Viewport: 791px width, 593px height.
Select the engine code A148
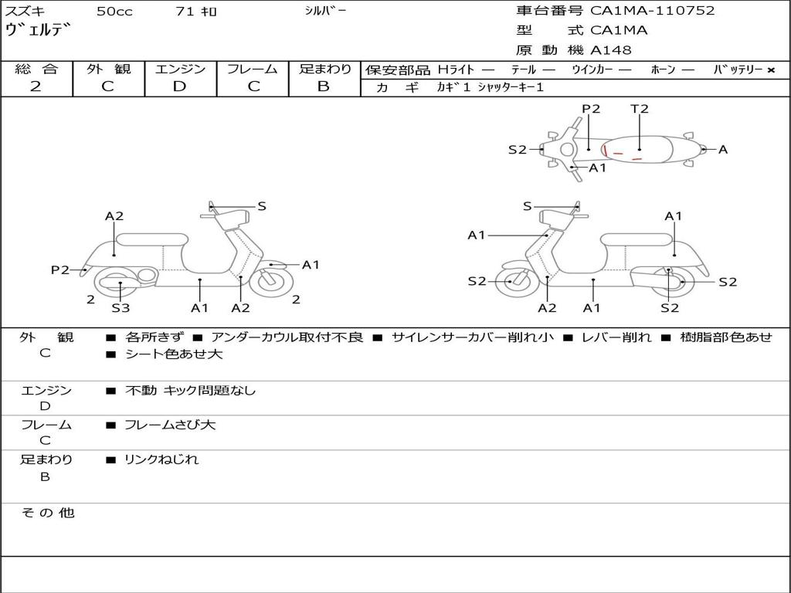(611, 50)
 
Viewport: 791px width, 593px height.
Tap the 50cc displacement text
(114, 12)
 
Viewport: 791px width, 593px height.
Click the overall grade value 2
(36, 86)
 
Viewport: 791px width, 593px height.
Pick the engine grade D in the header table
(180, 86)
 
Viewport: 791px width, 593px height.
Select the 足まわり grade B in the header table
(324, 86)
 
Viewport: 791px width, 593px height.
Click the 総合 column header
(36, 69)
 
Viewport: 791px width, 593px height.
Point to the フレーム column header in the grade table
(253, 69)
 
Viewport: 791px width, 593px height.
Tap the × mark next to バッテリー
(770, 70)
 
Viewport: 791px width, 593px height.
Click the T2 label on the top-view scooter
(640, 109)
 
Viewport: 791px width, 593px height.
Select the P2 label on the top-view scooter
(591, 109)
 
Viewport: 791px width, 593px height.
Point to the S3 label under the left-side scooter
(121, 308)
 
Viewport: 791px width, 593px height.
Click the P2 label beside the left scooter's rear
(60, 269)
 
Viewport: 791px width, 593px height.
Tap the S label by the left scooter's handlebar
(262, 206)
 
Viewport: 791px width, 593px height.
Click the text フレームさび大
(170, 425)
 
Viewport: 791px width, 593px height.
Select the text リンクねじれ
(161, 459)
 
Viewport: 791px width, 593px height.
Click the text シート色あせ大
(174, 354)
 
